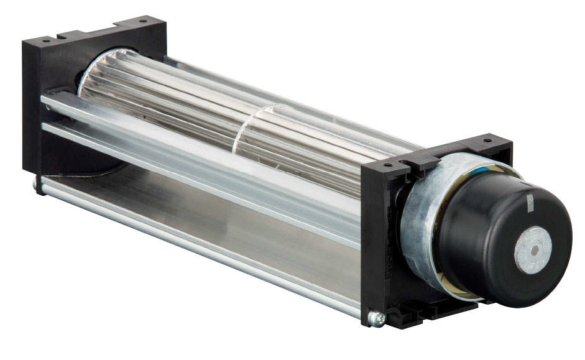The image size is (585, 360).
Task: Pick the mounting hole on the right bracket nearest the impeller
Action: tap(387, 166)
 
